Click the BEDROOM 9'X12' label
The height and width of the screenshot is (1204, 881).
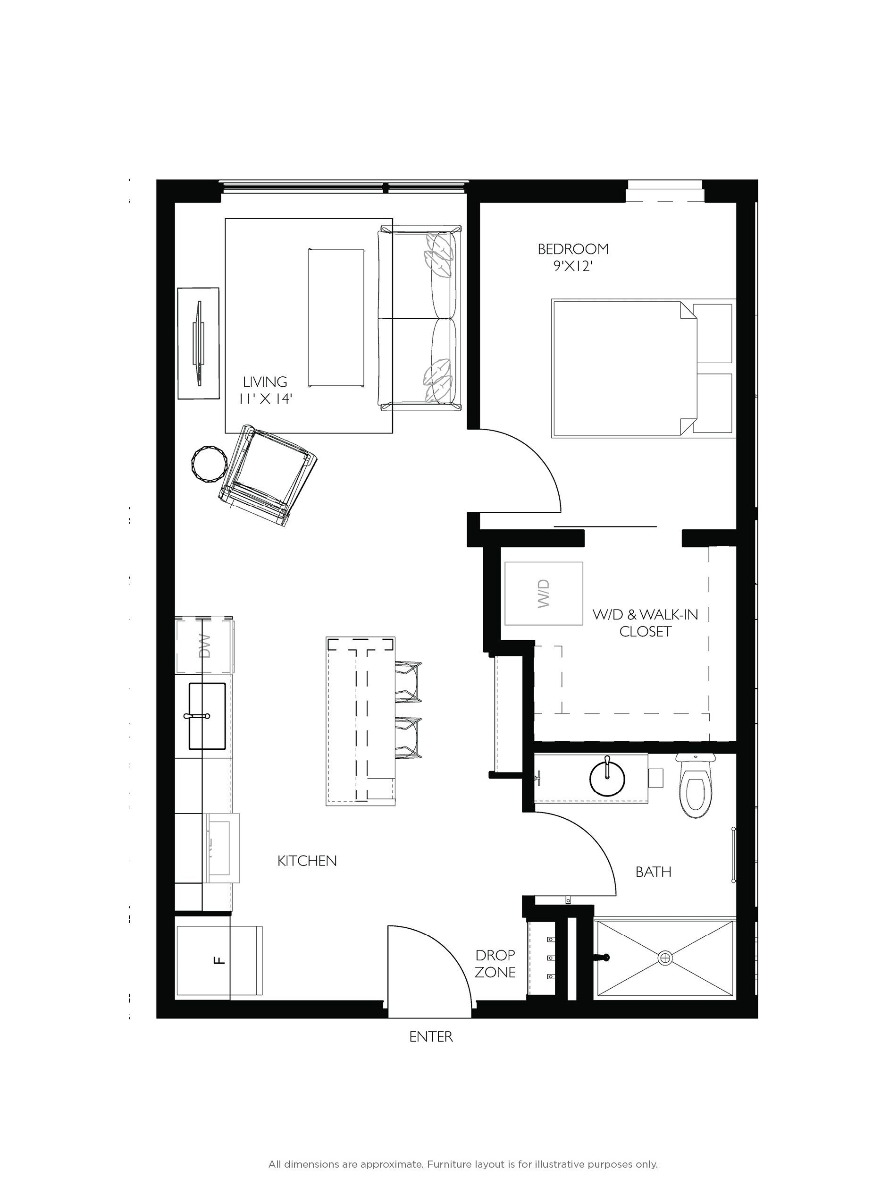click(x=573, y=257)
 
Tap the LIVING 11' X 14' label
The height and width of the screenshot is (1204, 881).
click(x=265, y=390)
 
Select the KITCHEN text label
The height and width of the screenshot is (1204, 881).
click(x=307, y=860)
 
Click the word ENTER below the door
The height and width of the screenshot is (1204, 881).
click(x=431, y=1036)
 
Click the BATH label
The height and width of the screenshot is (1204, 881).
click(x=653, y=872)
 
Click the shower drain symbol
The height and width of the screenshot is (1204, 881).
click(x=665, y=958)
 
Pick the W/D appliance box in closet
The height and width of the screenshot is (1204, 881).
click(x=544, y=593)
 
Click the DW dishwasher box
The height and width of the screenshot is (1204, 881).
click(x=204, y=645)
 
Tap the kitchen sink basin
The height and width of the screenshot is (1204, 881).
click(x=206, y=716)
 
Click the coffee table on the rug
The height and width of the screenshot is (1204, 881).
click(x=336, y=317)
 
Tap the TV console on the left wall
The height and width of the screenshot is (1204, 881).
click(x=198, y=343)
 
